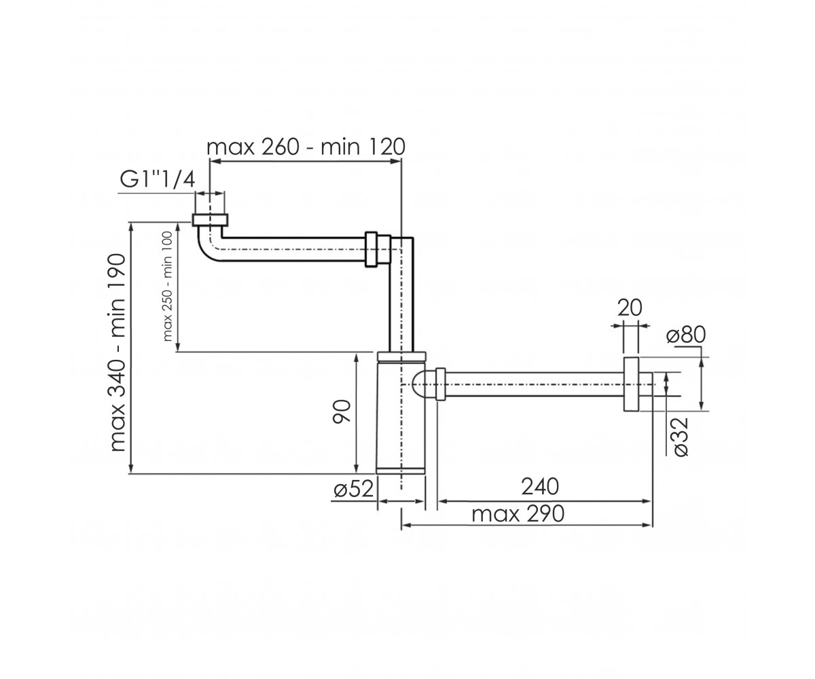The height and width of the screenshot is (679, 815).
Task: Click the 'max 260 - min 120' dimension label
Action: tap(306, 147)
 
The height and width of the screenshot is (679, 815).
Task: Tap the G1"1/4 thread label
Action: tap(157, 181)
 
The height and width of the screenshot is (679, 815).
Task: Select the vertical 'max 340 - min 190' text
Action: tap(117, 353)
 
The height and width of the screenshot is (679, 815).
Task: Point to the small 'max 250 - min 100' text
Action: tap(168, 287)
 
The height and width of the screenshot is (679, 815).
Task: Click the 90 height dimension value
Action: tap(342, 411)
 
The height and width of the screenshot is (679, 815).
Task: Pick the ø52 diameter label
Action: tap(354, 490)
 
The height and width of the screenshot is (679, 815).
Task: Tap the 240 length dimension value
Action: tap(540, 487)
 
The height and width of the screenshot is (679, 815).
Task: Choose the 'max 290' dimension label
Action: tap(518, 514)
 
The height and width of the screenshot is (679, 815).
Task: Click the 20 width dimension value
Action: tap(630, 308)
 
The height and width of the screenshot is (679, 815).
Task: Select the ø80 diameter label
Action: tap(686, 335)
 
